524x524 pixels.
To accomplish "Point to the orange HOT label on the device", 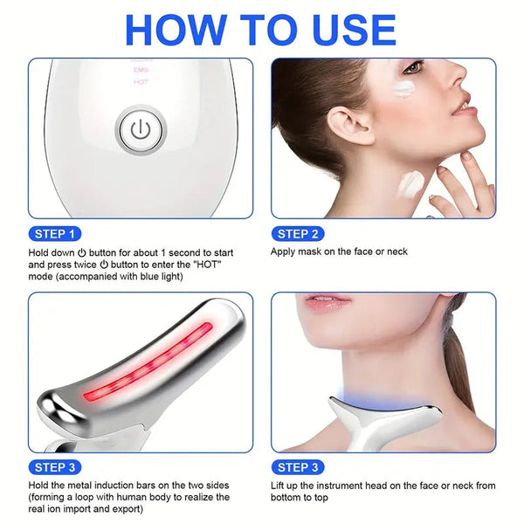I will point(141,81).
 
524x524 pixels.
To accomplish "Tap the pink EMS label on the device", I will point(141,69).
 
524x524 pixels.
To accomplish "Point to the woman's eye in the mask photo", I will point(413,67).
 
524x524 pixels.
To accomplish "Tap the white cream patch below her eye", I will point(404,87).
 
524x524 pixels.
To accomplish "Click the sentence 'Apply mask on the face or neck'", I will point(340,252).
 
